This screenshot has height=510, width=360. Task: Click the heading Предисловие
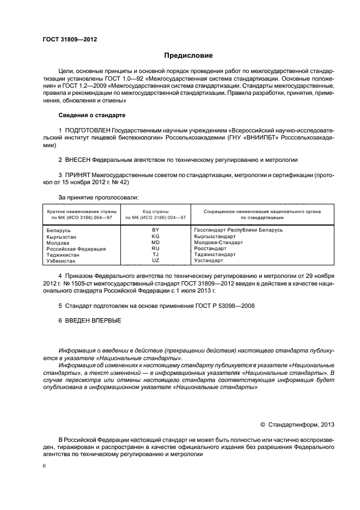coord(188,56)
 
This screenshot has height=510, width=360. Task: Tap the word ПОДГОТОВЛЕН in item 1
coord(87,131)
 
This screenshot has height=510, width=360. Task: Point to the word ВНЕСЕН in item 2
coord(78,160)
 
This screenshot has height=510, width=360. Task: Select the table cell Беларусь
coord(58,230)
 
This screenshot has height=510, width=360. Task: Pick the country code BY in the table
coord(155,230)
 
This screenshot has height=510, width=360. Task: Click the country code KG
coord(155,236)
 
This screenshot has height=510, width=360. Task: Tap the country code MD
coord(155,242)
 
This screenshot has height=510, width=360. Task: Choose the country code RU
coord(155,248)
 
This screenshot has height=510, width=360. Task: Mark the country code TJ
coord(155,254)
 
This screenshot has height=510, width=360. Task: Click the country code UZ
coord(155,261)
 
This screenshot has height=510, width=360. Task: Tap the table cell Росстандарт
coord(210,248)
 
